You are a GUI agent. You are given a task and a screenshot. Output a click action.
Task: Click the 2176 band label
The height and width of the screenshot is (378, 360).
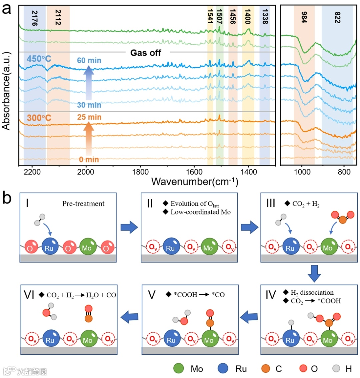(34, 18)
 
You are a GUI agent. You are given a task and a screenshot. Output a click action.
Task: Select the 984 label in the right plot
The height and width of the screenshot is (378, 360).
(304, 18)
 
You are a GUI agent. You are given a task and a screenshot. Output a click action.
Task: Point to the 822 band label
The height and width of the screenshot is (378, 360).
(337, 18)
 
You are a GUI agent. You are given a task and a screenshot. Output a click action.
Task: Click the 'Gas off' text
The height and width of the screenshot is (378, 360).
(146, 53)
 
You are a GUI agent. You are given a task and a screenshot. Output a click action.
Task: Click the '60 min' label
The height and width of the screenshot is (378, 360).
(89, 61)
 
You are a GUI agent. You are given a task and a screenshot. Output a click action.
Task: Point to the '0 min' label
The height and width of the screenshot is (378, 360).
(89, 160)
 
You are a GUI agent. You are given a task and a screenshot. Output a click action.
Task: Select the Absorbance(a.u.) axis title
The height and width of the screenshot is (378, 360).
(6, 90)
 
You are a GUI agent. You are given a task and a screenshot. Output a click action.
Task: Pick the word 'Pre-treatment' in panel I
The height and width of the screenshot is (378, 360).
(83, 203)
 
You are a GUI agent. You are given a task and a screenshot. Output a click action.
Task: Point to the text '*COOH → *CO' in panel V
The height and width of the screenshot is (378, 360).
(195, 294)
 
